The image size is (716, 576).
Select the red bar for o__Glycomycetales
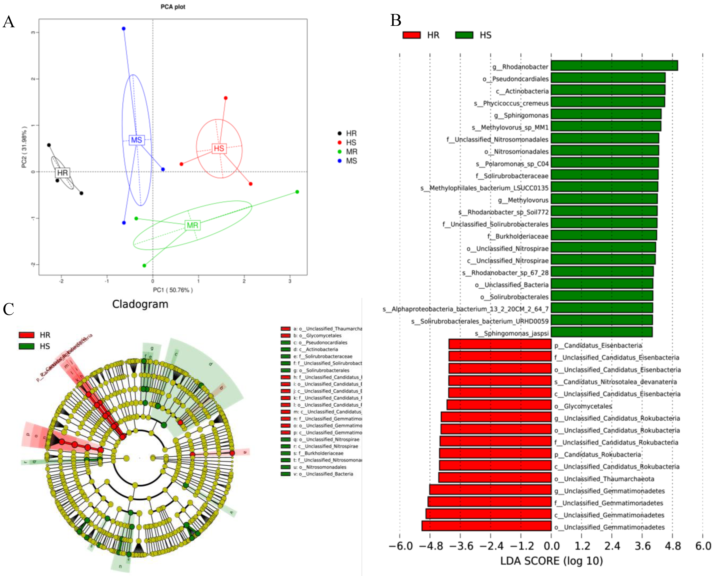coord(499,405)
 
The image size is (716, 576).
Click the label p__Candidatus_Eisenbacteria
coord(598,345)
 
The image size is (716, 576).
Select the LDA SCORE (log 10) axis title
coord(551,561)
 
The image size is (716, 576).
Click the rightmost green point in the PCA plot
coord(297,192)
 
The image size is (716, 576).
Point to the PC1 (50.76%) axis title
coord(173,290)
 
